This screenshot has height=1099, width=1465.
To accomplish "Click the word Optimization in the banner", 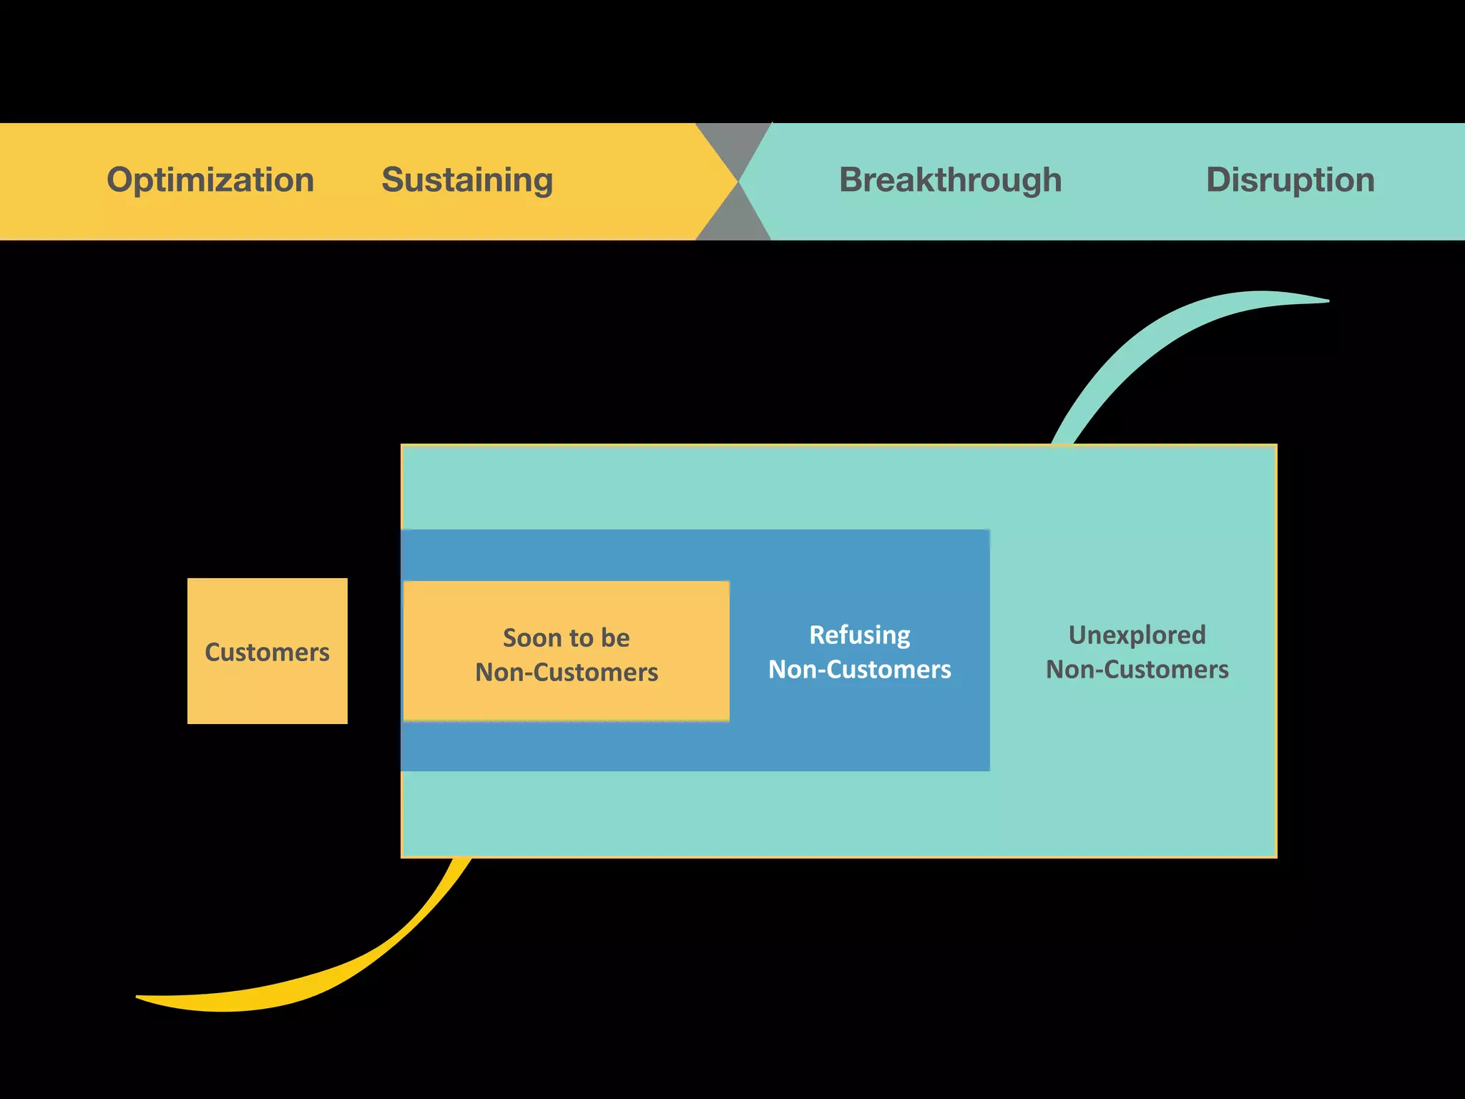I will (x=210, y=180).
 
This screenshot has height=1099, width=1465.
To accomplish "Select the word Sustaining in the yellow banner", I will (x=467, y=180).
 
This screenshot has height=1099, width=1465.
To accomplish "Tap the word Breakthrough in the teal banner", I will (x=950, y=180).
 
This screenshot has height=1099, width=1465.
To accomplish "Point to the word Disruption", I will (x=1290, y=180).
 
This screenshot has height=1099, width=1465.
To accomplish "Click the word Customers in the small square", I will (x=267, y=652).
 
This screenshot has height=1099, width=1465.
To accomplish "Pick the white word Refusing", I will (x=859, y=635).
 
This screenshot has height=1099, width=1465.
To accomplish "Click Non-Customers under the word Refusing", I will (x=859, y=669).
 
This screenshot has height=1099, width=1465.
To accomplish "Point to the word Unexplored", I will (x=1137, y=635).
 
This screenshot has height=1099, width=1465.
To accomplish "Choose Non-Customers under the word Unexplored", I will (x=1137, y=669).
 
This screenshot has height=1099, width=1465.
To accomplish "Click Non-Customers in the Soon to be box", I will (x=566, y=672).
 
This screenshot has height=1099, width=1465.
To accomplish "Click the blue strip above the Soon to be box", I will (x=565, y=555).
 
